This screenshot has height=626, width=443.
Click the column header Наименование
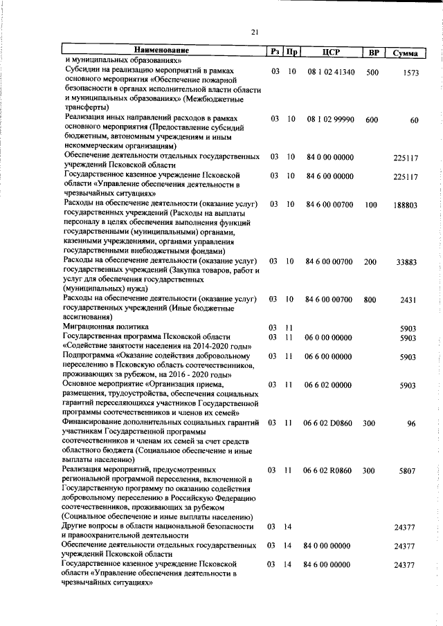pyautogui.click(x=161, y=51)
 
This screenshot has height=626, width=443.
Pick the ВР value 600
pyautogui.click(x=372, y=120)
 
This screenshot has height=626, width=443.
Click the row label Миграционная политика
pyautogui.click(x=105, y=326)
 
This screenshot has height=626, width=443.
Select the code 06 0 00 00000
pyautogui.click(x=329, y=338)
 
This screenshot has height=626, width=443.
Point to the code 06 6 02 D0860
pyautogui.click(x=329, y=423)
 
